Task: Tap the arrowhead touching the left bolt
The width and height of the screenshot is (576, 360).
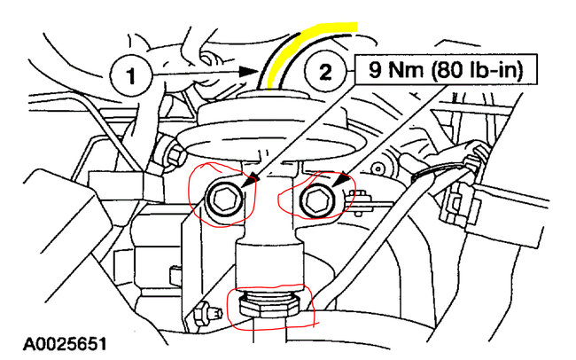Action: click(x=253, y=181)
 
